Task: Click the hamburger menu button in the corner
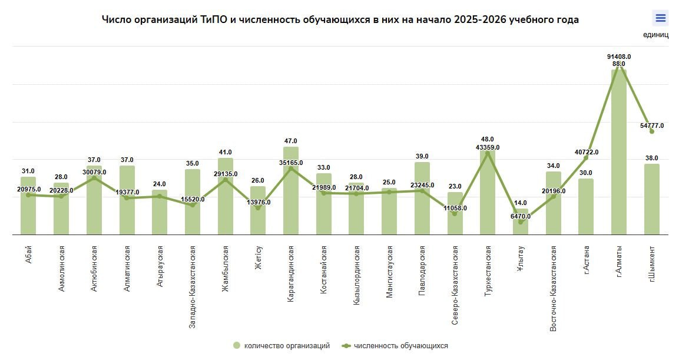pos(660,18)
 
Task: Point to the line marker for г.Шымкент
pos(651,131)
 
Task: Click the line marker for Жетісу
pos(258,208)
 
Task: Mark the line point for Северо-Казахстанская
pos(455,214)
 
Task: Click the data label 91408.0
pos(619,57)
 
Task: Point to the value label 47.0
pos(291,141)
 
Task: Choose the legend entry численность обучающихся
pos(400,346)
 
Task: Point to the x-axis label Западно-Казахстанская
pos(193,283)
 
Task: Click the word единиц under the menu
pos(655,34)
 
